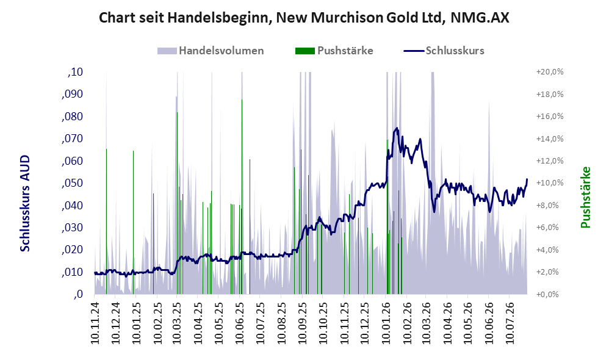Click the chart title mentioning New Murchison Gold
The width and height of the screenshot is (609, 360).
coord(304,18)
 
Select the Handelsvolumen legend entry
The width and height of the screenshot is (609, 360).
coord(211,51)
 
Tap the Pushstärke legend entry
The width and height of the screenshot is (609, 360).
coord(334,51)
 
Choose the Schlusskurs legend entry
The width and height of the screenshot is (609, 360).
coord(444,51)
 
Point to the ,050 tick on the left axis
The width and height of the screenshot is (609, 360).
coord(72,183)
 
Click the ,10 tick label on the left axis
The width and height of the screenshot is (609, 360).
coord(75,72)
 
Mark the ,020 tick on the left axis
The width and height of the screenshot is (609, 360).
coord(72,250)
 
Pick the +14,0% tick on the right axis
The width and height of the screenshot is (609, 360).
coord(550,139)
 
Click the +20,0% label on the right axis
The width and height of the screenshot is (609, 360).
coord(550,72)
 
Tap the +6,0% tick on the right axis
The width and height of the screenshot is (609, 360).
coord(551,228)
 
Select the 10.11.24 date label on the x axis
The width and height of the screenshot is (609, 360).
coord(95,321)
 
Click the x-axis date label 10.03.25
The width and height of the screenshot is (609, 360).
coord(177,321)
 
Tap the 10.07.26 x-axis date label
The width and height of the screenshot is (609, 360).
coord(510,321)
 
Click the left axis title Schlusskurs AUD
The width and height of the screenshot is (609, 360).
coord(25,203)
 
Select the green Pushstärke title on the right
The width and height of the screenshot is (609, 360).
coord(585,197)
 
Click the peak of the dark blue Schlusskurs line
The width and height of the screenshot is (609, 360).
coord(397,128)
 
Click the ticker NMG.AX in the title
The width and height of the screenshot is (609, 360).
coord(480,18)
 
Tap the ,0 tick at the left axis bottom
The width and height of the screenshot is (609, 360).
coord(78,294)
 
